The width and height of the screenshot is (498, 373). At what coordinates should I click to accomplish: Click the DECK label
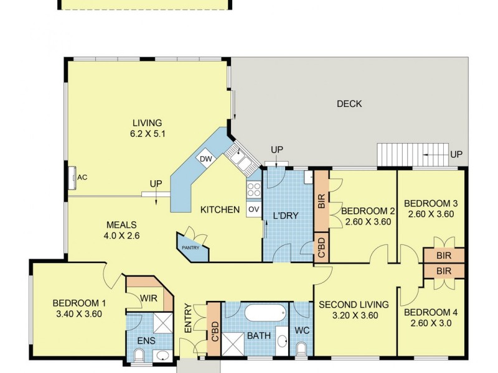click(349, 104)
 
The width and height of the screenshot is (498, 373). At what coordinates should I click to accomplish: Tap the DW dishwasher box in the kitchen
click(205, 159)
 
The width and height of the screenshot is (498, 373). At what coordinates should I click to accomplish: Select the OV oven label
click(253, 210)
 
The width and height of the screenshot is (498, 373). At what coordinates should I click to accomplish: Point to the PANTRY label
click(190, 248)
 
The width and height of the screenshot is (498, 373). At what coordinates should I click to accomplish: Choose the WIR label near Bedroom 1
click(148, 299)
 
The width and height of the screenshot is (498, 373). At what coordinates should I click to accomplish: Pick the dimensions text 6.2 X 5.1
click(147, 133)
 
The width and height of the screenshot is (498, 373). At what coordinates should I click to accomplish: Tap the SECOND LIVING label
click(354, 305)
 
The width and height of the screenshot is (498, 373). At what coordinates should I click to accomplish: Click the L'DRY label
click(286, 216)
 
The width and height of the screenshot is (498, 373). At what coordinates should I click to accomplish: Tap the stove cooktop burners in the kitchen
click(254, 190)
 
